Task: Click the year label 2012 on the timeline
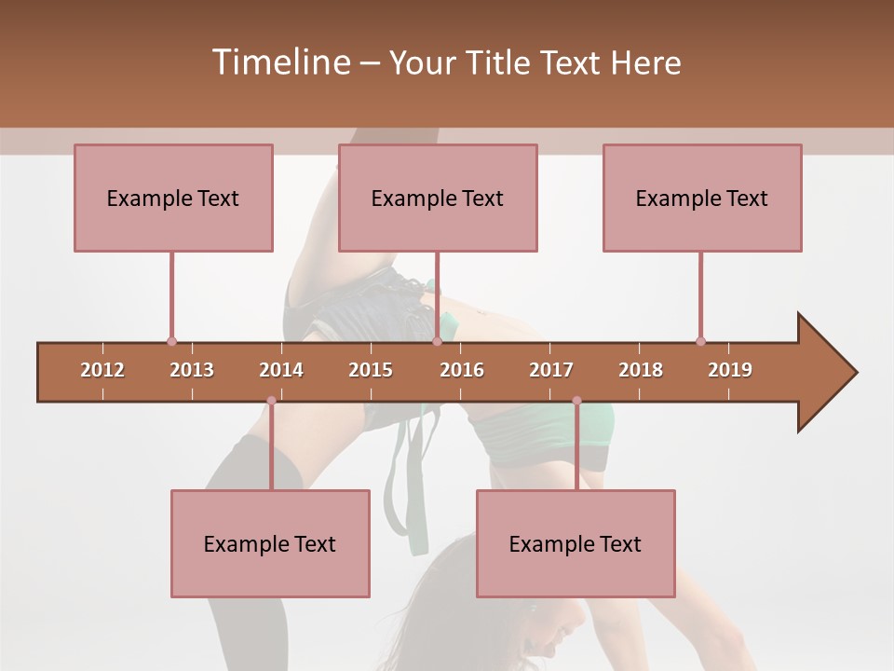[x=102, y=370]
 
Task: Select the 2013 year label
[x=192, y=370]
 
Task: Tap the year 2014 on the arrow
[x=281, y=370]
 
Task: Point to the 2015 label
[x=371, y=370]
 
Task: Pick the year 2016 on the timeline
[x=462, y=370]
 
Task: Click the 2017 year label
[x=551, y=370]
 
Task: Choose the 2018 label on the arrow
[x=641, y=370]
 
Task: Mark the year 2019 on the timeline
[x=730, y=370]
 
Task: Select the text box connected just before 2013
[x=173, y=198]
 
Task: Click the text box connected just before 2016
[x=438, y=198]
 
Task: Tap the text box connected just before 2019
[x=702, y=198]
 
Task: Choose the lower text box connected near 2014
[x=270, y=543]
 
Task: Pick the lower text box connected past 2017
[x=576, y=543]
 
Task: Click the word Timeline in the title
[x=279, y=62]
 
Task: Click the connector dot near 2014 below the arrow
[x=271, y=401]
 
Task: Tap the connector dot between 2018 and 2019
[x=700, y=341]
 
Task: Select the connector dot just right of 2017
[x=576, y=401]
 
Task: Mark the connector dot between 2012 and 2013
[x=171, y=341]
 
